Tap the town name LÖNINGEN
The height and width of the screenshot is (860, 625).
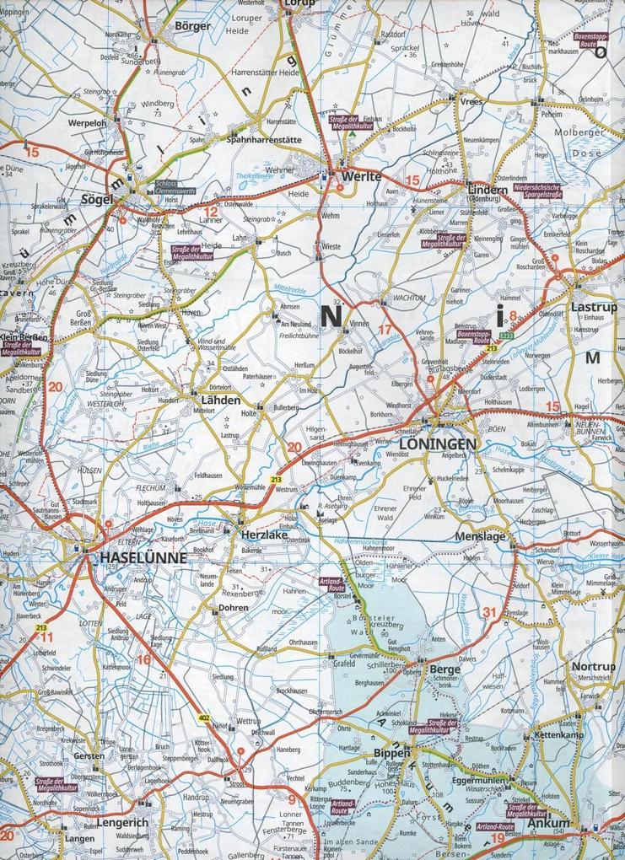tap(438, 443)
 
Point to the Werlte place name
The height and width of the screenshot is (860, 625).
tap(363, 178)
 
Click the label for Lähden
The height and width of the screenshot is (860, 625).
tap(220, 400)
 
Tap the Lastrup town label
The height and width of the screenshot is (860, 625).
tap(594, 308)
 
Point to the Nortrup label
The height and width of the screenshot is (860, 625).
tap(593, 666)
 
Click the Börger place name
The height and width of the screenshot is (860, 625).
tap(191, 26)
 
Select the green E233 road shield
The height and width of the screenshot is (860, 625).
tap(504, 336)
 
